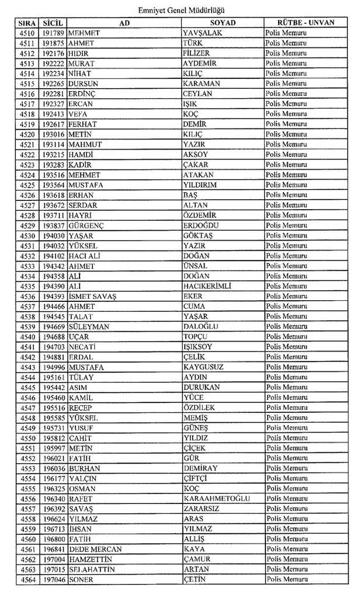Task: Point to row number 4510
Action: [27, 33]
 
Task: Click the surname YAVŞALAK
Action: [202, 33]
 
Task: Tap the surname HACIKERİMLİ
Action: [207, 286]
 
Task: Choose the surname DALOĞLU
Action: [200, 326]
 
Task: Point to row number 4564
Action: [27, 579]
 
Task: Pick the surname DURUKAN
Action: [202, 387]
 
